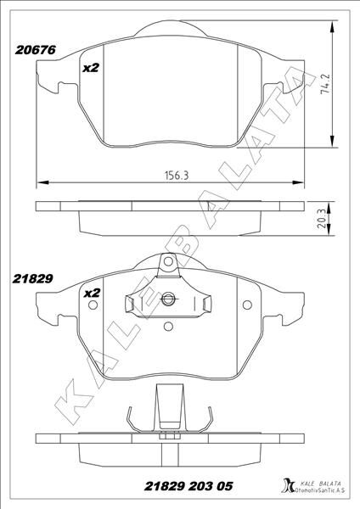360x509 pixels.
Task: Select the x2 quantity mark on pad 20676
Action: (91, 68)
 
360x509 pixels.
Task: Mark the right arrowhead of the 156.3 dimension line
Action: (303, 182)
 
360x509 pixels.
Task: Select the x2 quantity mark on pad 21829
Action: (91, 293)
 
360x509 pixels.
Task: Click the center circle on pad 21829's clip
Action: (169, 298)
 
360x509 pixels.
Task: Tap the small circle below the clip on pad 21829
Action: (169, 325)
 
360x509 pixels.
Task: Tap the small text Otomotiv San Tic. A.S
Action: (320, 490)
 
